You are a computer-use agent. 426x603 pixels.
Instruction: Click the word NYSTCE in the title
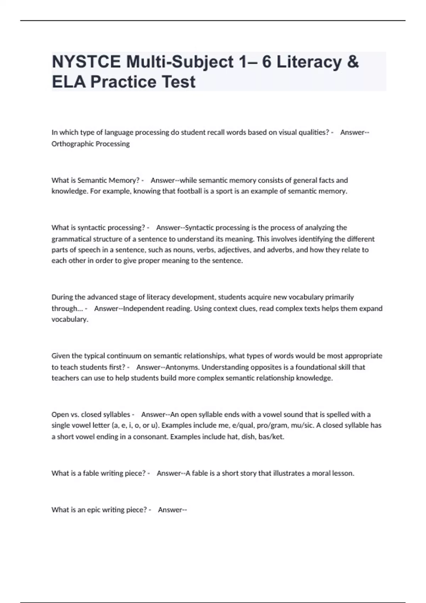(x=86, y=62)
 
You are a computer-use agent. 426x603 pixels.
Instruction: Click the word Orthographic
(x=71, y=144)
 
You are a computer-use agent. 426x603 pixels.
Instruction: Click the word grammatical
(x=72, y=239)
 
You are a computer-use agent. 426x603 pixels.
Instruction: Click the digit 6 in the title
(x=266, y=62)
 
